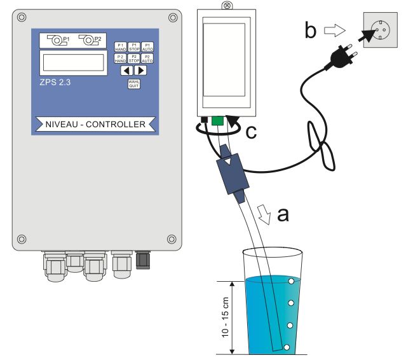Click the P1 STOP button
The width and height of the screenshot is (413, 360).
pos(133,46)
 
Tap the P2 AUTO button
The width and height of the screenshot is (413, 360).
pos(146,58)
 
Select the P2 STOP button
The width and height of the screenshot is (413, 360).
pos(133,58)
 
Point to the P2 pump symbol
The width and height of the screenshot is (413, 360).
pos(89,40)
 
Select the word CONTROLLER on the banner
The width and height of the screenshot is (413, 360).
pos(112,123)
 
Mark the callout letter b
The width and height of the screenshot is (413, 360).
pos(311,30)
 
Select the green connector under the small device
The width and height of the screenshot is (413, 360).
pos(217,120)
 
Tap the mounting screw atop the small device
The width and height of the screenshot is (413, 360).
pos(225,4)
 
